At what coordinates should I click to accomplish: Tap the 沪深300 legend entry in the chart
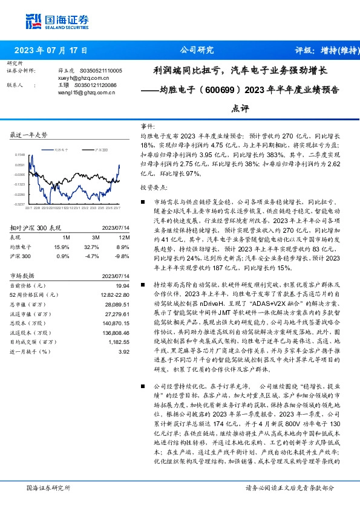coord(100,148)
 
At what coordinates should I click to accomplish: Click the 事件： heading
coord(148,126)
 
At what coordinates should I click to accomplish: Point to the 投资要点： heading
coord(153,188)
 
